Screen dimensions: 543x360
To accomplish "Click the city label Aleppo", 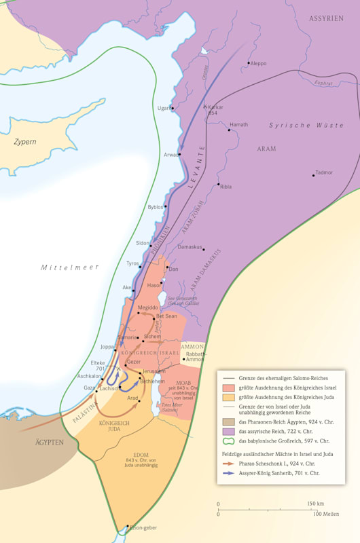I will click(x=259, y=63).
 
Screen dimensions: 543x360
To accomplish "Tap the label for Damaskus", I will click(x=190, y=247).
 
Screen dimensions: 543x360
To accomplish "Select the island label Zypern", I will click(x=25, y=142).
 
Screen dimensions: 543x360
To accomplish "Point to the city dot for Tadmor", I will click(x=313, y=176).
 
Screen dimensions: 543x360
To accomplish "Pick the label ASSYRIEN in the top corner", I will click(x=326, y=18).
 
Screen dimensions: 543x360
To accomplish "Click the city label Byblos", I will click(x=156, y=206).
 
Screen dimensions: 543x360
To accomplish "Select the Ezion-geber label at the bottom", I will click(x=143, y=527).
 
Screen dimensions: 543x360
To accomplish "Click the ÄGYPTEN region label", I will click(x=50, y=442).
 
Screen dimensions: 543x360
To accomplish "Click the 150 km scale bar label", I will click(x=314, y=504).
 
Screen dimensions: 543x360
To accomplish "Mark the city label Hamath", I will click(x=238, y=125).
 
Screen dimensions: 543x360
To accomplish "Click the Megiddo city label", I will click(x=148, y=307).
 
